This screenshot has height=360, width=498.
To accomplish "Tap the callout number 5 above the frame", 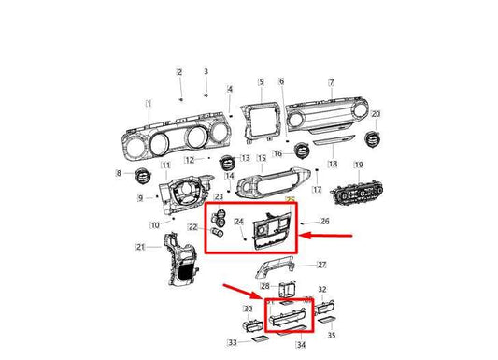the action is (x=261, y=82).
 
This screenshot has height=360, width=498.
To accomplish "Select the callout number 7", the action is (x=330, y=83).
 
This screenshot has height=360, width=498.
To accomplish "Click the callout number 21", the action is (x=140, y=247).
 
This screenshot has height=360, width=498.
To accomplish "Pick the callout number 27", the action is (x=320, y=265).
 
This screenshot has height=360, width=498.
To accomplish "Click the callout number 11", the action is (x=165, y=166).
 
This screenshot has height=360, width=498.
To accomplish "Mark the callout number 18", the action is (x=332, y=163).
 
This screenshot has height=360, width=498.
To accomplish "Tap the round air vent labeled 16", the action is (x=303, y=151).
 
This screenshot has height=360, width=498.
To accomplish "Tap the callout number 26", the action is (x=324, y=222).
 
